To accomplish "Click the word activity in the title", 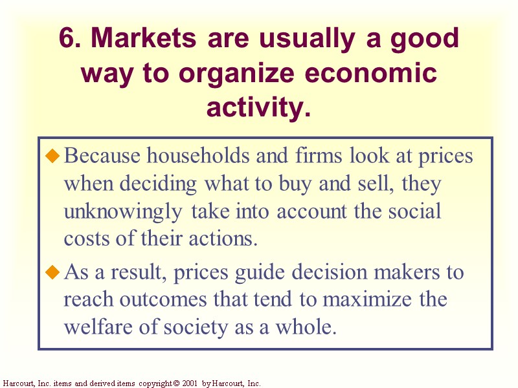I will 258,107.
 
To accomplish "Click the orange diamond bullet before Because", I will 53,156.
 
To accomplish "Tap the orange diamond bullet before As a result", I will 53,272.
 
